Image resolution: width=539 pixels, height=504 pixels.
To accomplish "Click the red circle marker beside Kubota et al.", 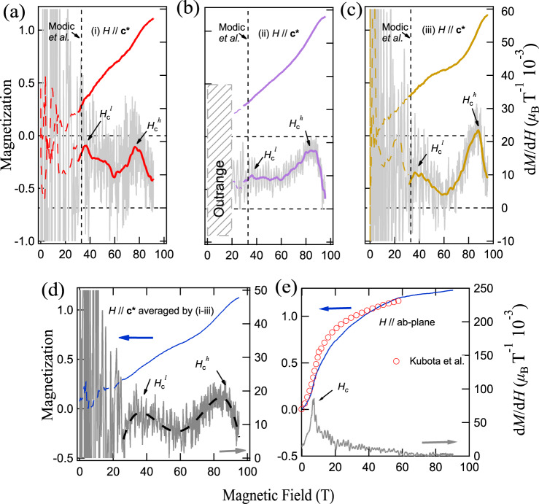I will point(397,359).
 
